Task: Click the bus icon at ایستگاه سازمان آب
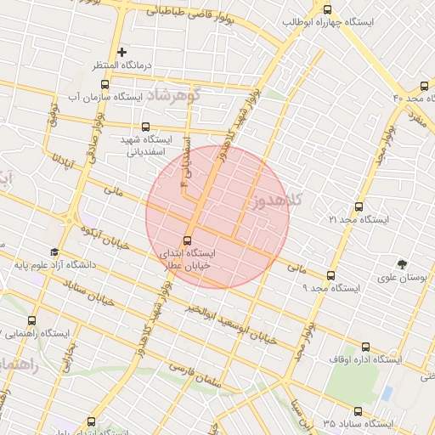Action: (x=104, y=84)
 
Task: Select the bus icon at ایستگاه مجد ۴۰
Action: (x=424, y=86)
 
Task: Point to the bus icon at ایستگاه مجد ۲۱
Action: (x=357, y=206)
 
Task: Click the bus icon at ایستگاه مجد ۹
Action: (x=330, y=274)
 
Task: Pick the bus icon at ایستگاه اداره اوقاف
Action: (x=365, y=346)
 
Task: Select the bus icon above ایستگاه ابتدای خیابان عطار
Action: (x=189, y=240)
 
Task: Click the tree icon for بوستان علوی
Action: (x=404, y=263)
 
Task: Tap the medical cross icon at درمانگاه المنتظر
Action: (x=122, y=53)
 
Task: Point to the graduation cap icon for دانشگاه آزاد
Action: (x=54, y=252)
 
